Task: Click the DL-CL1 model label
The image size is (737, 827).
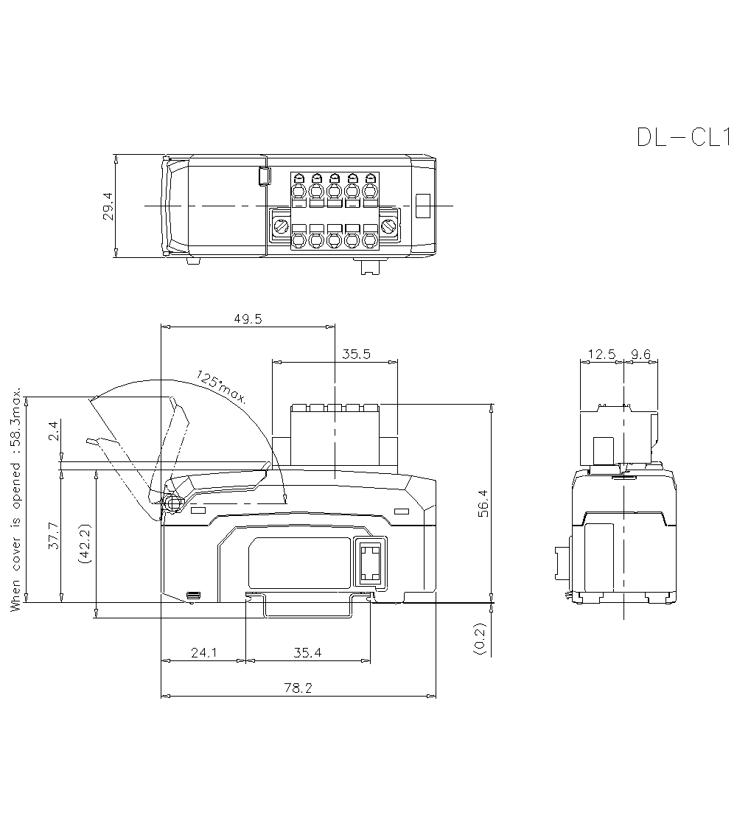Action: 682,137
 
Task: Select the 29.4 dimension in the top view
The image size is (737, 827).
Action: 108,206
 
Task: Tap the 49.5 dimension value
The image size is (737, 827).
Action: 248,318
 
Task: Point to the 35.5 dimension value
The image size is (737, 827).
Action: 356,354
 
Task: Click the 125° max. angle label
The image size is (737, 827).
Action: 222,388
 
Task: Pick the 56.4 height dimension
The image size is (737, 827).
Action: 483,503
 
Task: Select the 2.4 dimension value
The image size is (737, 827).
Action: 52,432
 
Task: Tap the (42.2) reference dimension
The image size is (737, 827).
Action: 85,544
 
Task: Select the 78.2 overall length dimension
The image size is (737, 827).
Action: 298,688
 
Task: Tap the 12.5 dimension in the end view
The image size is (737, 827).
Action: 601,355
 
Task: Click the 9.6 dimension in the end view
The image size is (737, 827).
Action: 641,355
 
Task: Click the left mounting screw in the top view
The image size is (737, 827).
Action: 281,225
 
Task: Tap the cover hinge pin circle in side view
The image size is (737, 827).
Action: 173,503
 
